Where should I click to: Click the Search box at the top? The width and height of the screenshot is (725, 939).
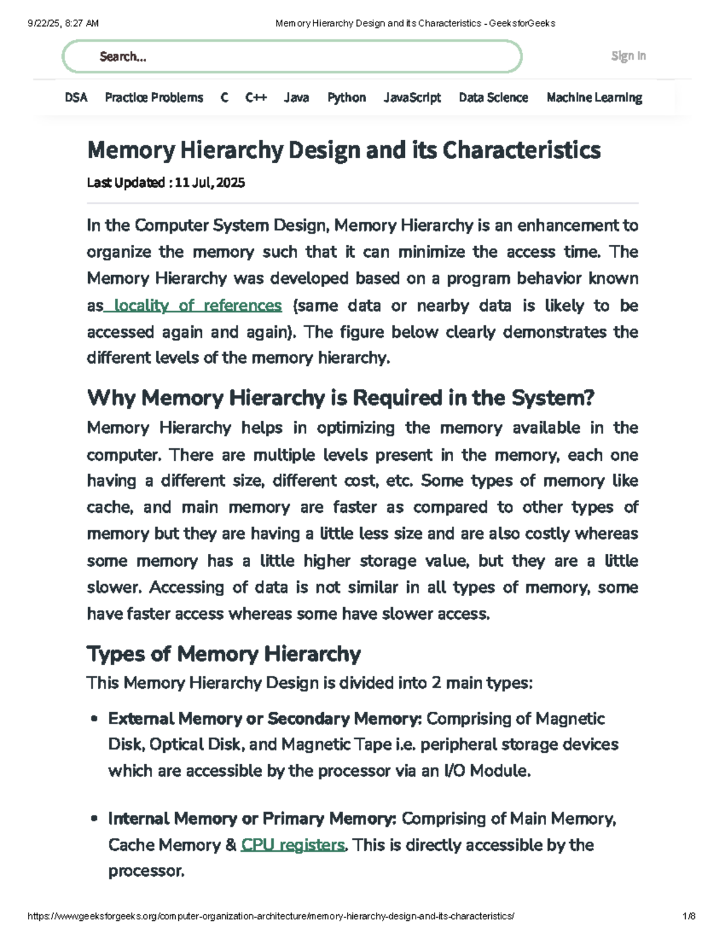[x=292, y=57]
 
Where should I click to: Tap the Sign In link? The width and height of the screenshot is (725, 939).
[x=628, y=56]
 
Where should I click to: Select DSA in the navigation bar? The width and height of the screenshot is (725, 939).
[x=76, y=97]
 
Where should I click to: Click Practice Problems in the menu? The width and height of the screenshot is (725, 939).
[x=154, y=97]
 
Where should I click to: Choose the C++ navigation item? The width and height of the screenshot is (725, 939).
[x=256, y=97]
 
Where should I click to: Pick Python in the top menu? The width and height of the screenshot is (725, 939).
[x=346, y=97]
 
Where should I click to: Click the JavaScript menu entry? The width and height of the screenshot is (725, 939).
[x=412, y=97]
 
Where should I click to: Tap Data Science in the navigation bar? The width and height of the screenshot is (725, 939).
[x=493, y=97]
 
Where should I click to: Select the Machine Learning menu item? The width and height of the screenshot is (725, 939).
[x=594, y=97]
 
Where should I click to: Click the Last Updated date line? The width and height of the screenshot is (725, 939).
[x=166, y=183]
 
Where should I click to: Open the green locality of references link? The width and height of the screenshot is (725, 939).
[x=198, y=305]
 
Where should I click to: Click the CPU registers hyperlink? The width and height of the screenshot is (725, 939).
[x=293, y=845]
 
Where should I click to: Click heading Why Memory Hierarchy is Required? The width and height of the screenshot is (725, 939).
[x=341, y=398]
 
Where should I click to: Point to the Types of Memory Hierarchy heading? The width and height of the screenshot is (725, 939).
[x=224, y=654]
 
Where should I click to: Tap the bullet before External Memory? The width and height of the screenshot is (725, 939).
[x=94, y=719]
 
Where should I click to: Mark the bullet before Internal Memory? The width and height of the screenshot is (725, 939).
[x=94, y=819]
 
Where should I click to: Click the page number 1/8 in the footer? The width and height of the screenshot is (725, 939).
[x=689, y=916]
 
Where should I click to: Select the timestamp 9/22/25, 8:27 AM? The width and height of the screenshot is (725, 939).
[x=63, y=24]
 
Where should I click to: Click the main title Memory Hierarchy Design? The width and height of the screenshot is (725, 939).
[x=344, y=150]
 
